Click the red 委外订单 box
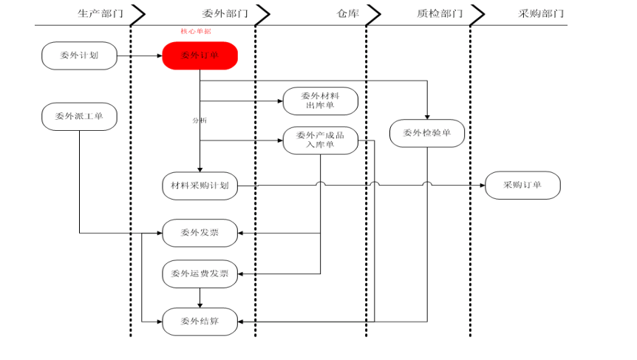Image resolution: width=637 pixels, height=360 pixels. click(x=200, y=55)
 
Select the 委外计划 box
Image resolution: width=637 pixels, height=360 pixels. click(x=79, y=55)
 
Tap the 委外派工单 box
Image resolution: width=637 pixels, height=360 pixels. click(x=79, y=116)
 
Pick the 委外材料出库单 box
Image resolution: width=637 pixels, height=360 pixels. click(x=320, y=101)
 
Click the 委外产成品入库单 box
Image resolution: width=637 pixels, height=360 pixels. click(x=320, y=140)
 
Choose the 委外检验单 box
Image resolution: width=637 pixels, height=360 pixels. click(x=427, y=134)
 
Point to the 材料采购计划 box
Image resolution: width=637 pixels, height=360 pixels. click(x=200, y=186)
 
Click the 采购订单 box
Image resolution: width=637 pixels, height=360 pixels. click(x=522, y=186)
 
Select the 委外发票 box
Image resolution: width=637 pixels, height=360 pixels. click(x=200, y=233)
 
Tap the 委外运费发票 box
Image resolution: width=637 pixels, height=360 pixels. click(x=200, y=274)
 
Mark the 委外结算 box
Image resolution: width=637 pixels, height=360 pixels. click(x=200, y=322)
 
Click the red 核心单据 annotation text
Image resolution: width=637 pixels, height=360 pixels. click(x=196, y=32)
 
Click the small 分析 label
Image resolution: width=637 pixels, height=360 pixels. click(x=200, y=120)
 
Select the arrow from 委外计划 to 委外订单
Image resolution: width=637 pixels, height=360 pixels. click(x=140, y=55)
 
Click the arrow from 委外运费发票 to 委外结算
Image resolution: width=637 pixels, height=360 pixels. click(x=200, y=298)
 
